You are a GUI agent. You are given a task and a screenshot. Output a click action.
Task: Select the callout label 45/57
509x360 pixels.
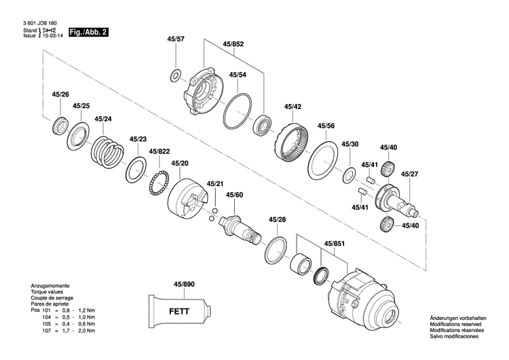(x=175, y=39)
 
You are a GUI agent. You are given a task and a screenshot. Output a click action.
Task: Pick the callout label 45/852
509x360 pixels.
(x=233, y=44)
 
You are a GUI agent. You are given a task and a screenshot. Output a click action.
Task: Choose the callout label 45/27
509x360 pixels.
(x=409, y=175)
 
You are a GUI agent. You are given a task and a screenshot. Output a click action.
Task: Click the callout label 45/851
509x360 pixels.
(x=334, y=243)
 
